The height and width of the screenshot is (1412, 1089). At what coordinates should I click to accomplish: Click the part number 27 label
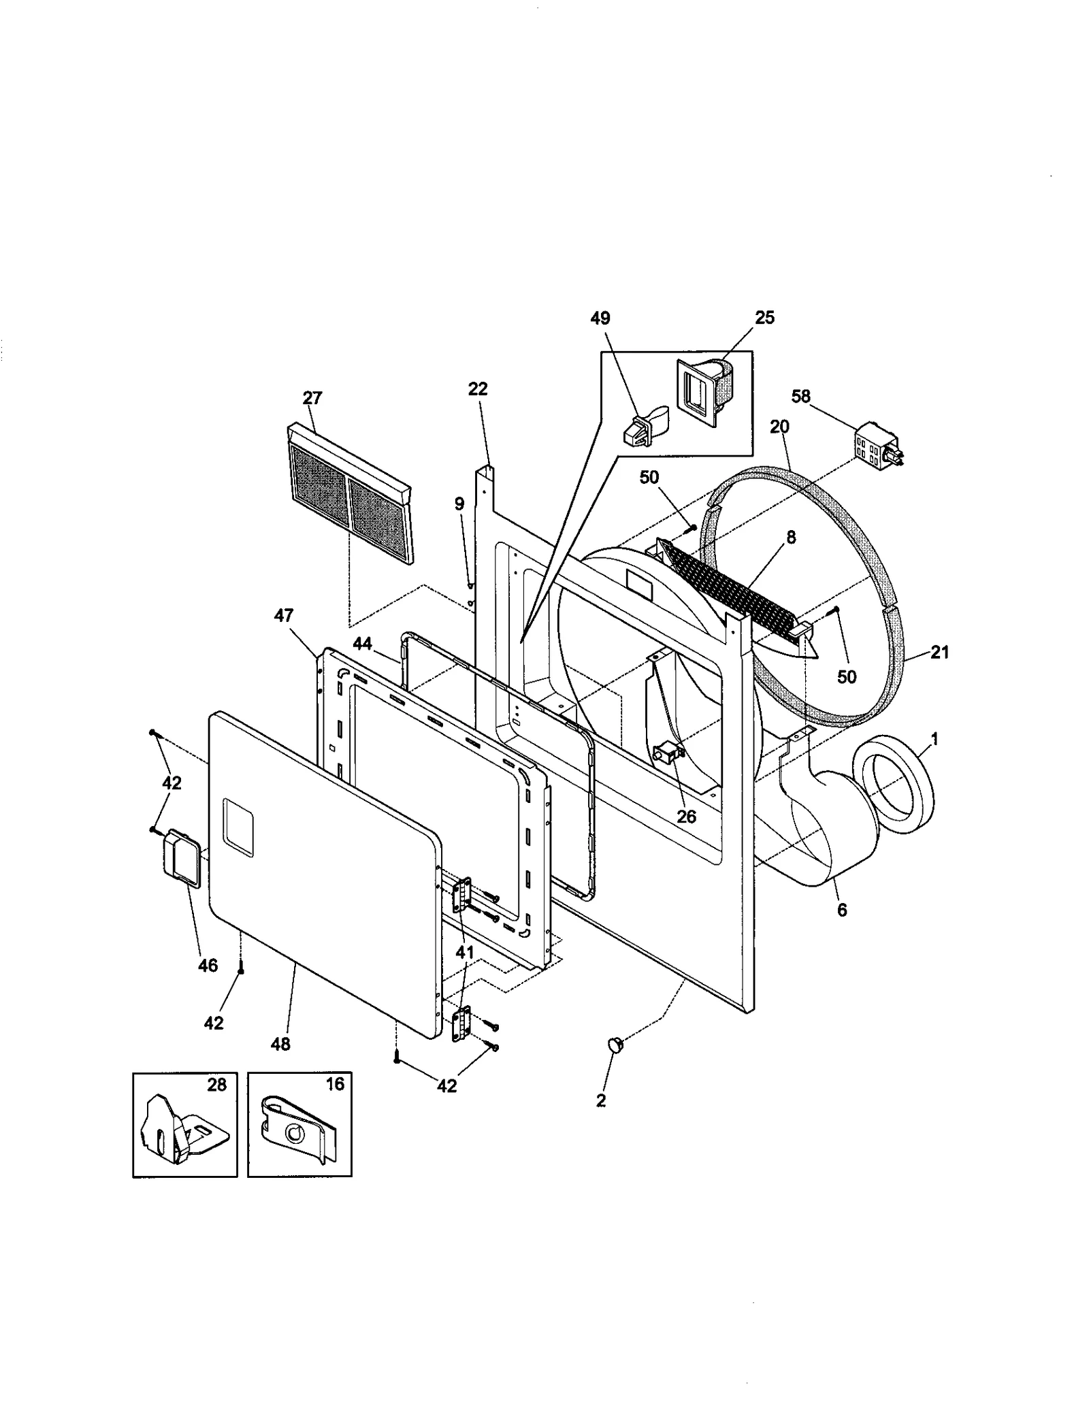point(312,398)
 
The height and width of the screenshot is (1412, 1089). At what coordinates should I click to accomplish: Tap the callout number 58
point(801,396)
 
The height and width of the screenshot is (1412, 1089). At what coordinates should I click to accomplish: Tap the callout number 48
point(280,1044)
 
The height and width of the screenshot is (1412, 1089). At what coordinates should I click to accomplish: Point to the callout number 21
point(939,653)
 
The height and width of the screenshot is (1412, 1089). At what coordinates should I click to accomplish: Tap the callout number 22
point(478,389)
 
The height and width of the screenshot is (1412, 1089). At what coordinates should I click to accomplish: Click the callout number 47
point(284,616)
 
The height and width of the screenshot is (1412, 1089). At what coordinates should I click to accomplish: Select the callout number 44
point(362,643)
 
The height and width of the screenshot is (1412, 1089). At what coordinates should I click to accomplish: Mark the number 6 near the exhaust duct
point(842,910)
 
